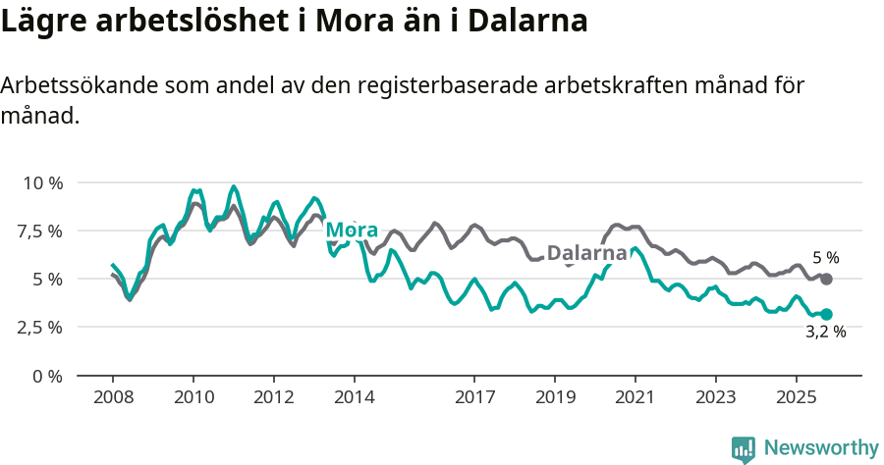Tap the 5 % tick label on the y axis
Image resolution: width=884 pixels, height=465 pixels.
click(46, 279)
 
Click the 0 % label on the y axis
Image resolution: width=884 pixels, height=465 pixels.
click(46, 375)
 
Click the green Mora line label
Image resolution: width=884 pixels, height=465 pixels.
click(352, 231)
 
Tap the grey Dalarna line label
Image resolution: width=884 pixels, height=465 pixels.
click(586, 253)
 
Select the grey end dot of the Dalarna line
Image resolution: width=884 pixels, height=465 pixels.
click(826, 280)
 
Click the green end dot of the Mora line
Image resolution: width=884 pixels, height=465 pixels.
click(826, 314)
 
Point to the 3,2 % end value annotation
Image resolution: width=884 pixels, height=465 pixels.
click(825, 333)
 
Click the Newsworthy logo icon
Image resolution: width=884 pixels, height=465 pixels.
click(744, 448)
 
